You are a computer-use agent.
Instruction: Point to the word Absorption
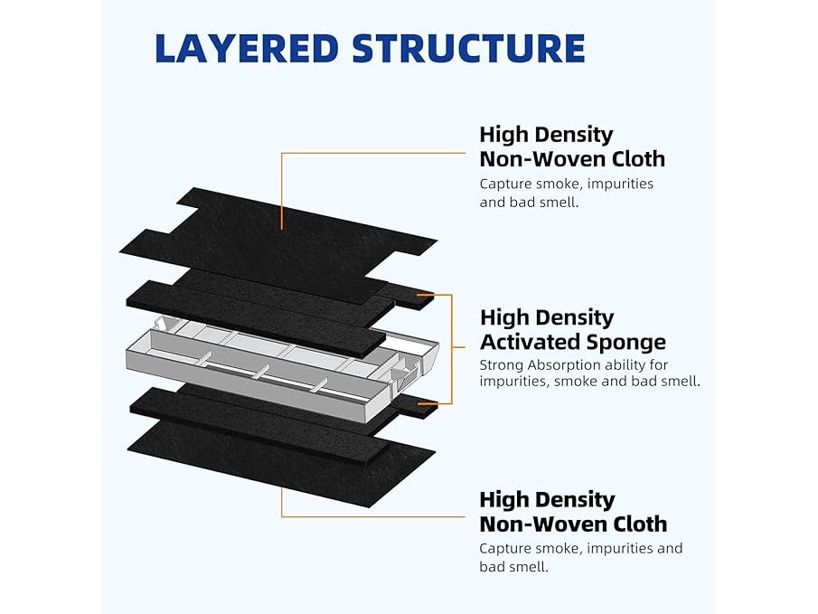point(568,365)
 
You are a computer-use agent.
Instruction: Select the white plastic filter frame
point(271,371)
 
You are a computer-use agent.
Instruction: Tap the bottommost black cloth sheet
point(271,461)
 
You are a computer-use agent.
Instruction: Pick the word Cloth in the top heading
point(635,159)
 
